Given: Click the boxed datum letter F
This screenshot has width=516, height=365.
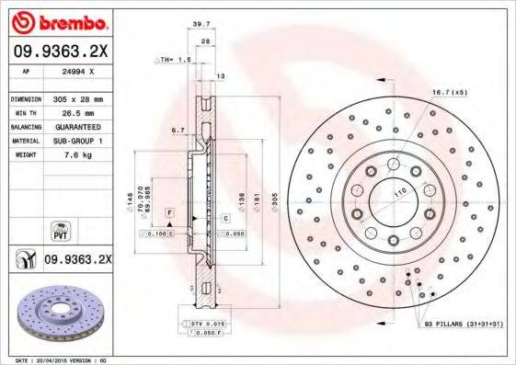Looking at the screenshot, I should click(x=169, y=213).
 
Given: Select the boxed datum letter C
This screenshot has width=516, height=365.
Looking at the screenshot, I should click(x=225, y=218).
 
